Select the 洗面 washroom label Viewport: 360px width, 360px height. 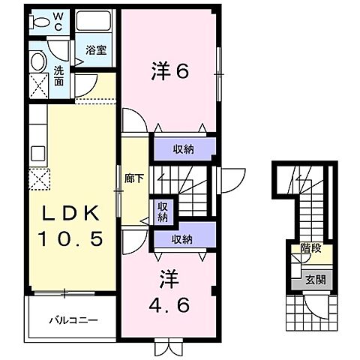[58, 76]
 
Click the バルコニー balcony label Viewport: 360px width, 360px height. [73, 320]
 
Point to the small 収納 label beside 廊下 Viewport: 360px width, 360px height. [163, 212]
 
